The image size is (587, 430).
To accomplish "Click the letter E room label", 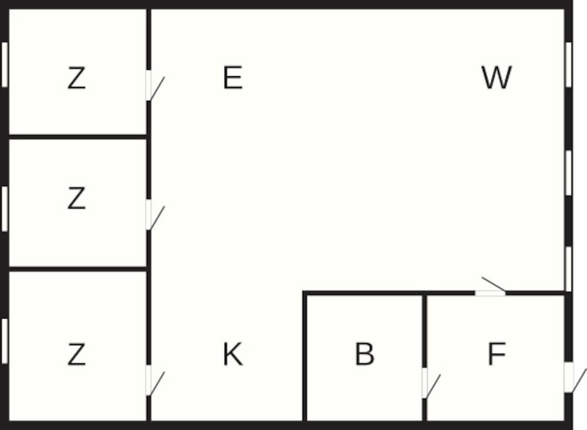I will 232,78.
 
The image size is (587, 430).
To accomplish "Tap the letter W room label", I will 497,78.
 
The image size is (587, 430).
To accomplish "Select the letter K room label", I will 232,354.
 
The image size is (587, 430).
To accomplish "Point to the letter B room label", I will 365,354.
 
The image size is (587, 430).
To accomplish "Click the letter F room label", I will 497,354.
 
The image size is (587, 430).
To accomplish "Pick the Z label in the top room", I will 76,79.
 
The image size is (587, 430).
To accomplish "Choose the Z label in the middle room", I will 76,199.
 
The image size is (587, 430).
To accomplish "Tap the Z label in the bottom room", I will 76,354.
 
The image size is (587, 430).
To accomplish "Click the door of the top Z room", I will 149,86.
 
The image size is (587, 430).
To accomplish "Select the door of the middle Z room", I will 149,215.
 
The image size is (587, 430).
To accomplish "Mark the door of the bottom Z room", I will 149,380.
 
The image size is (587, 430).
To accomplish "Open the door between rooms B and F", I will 424,383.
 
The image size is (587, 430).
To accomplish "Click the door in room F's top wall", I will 490,292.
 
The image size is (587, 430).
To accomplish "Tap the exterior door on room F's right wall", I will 568,377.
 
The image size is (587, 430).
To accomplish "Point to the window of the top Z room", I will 4,65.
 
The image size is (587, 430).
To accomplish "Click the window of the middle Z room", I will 4,208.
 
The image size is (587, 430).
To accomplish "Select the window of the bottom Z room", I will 4,340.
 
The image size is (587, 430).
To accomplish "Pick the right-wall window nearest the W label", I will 568,65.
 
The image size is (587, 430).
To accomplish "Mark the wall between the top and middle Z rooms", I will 76,137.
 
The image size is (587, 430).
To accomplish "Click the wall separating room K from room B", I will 305,358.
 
